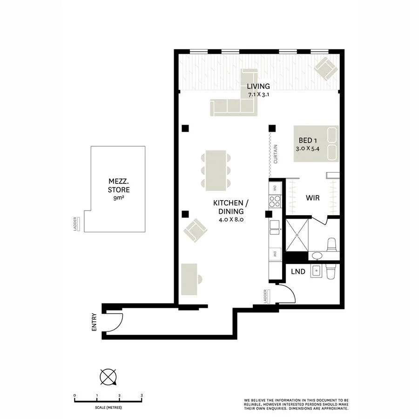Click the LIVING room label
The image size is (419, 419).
[258, 86]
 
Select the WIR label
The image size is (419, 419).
[312, 198]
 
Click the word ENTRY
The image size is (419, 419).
[95, 322]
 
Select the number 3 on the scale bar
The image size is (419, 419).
[141, 395]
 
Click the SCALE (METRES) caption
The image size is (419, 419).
[108, 407]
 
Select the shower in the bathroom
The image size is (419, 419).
[296, 236]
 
